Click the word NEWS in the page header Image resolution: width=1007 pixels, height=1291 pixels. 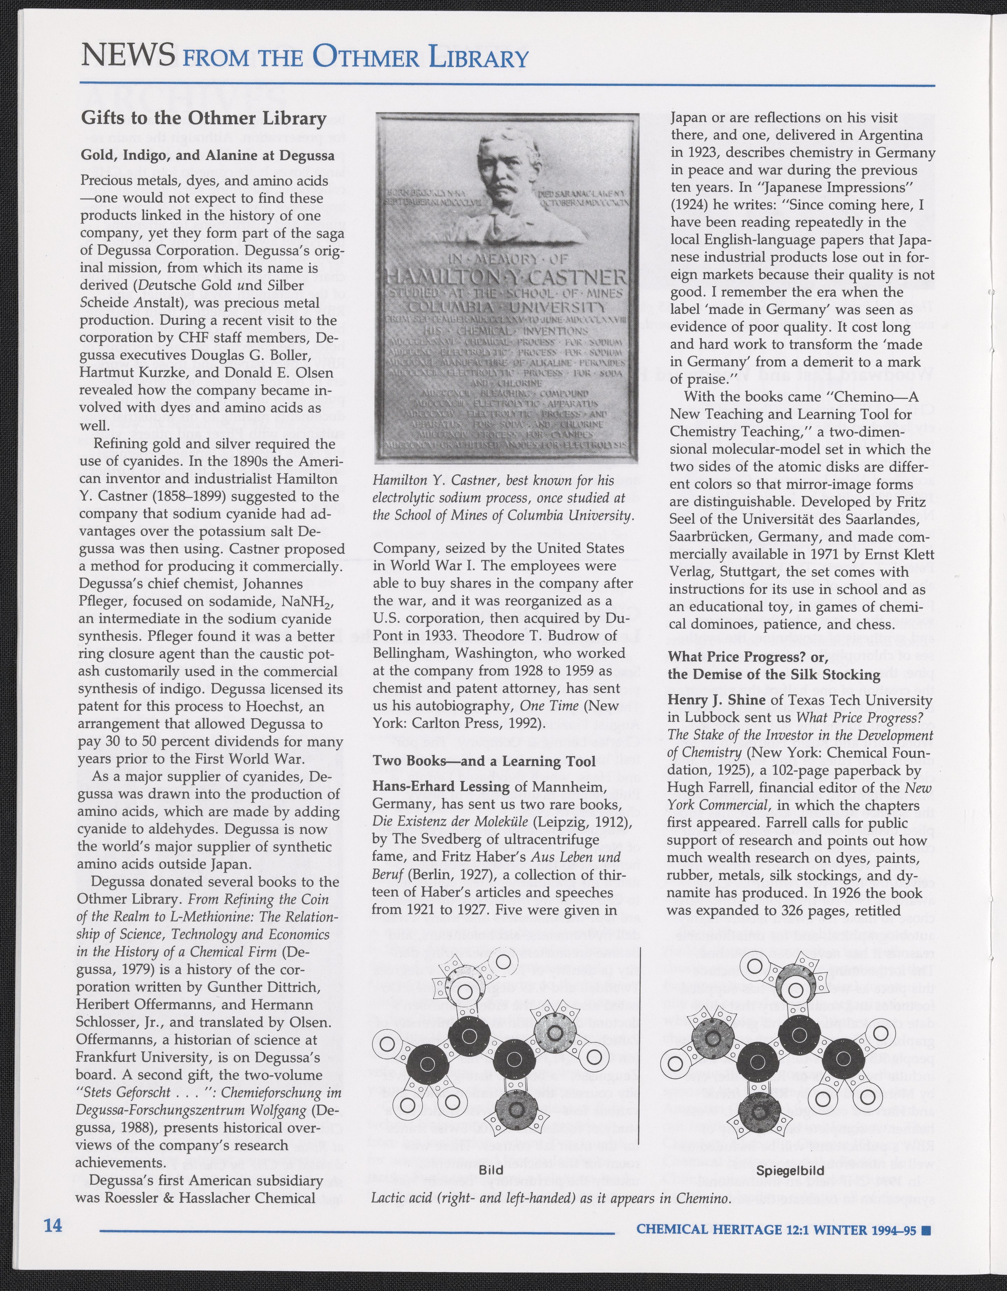[x=128, y=56]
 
